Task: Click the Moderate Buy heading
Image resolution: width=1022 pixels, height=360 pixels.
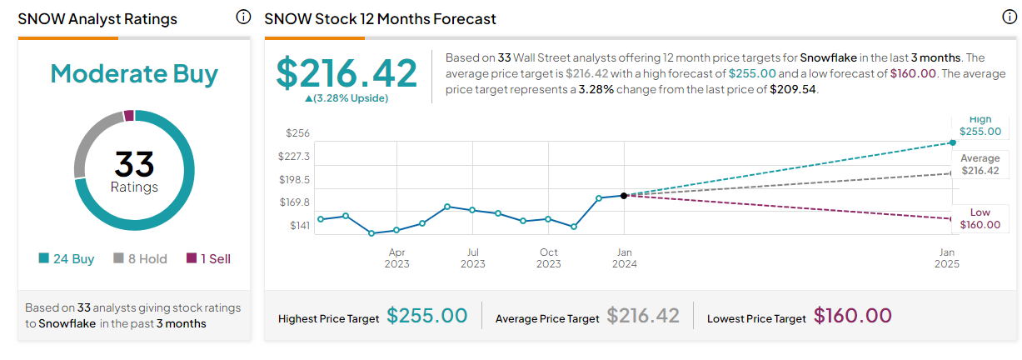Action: [134, 73]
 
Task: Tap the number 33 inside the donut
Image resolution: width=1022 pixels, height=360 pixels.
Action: [134, 163]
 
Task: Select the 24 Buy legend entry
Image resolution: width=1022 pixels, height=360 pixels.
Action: [67, 259]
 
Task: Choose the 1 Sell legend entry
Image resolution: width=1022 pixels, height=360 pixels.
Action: [207, 259]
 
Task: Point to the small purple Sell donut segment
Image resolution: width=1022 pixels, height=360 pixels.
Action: [129, 116]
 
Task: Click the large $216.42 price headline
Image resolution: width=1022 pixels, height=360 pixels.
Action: [346, 72]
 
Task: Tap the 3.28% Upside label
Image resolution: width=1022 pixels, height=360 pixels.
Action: [346, 98]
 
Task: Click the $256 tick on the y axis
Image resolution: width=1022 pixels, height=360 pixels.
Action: [297, 133]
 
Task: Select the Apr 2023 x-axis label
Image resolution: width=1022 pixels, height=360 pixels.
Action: [396, 258]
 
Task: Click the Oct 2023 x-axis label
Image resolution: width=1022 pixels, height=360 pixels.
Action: [548, 258]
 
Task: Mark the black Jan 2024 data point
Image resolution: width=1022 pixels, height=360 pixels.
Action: [624, 195]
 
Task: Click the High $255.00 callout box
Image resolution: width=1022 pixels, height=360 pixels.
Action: [980, 126]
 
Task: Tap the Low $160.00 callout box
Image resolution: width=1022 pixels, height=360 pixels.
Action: [980, 218]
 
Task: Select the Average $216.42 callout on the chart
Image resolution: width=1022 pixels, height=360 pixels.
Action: [980, 164]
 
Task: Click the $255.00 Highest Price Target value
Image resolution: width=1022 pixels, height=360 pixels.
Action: [426, 317]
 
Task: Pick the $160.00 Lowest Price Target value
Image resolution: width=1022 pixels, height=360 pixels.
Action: [852, 317]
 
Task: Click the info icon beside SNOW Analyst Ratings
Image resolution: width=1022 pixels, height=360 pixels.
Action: [243, 17]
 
